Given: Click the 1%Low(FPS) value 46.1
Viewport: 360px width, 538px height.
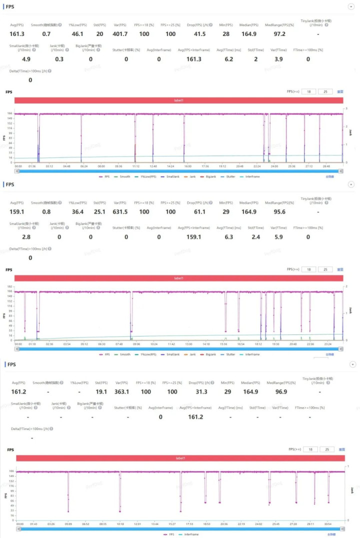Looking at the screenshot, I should (77, 33).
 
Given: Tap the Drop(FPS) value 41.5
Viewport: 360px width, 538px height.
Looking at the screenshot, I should (200, 33).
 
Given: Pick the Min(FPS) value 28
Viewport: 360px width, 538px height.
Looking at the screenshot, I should (226, 33).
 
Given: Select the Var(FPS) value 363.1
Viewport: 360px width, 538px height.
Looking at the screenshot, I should (122, 391).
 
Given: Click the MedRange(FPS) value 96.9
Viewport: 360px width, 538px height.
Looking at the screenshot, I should (281, 391).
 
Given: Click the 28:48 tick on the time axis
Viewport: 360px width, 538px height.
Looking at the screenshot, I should (326, 166).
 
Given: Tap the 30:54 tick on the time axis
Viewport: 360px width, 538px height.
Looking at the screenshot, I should (328, 524).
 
